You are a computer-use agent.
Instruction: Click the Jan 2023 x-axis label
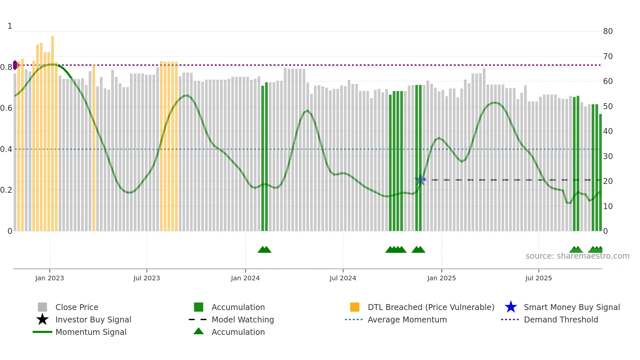pyautogui.click(x=50, y=278)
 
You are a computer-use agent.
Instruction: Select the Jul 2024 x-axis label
pyautogui.click(x=343, y=278)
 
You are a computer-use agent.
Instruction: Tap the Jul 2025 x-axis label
pyautogui.click(x=538, y=278)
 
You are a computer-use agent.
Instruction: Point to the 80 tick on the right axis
pyautogui.click(x=608, y=31)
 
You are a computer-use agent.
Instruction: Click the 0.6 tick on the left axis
pyautogui.click(x=6, y=108)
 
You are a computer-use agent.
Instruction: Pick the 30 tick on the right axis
pyautogui.click(x=608, y=156)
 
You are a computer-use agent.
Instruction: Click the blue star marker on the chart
pyautogui.click(x=420, y=180)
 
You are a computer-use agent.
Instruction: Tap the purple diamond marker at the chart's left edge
pyautogui.click(x=15, y=65)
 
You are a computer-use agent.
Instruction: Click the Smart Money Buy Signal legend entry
pyautogui.click(x=572, y=307)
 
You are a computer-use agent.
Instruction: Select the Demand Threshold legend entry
pyautogui.click(x=561, y=319)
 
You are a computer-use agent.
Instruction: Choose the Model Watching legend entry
pyautogui.click(x=243, y=319)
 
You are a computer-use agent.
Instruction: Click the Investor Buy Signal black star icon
pyautogui.click(x=42, y=319)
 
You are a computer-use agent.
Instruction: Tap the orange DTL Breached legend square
pyautogui.click(x=355, y=307)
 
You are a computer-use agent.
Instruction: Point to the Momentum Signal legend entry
pyautogui.click(x=91, y=332)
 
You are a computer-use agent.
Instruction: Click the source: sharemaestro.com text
pyautogui.click(x=577, y=256)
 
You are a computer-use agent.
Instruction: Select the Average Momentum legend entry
pyautogui.click(x=407, y=319)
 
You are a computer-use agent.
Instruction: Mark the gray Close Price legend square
pyautogui.click(x=42, y=307)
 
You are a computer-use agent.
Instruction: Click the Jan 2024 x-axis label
pyautogui.click(x=245, y=278)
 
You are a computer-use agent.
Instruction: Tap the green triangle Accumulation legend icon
pyautogui.click(x=199, y=331)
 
